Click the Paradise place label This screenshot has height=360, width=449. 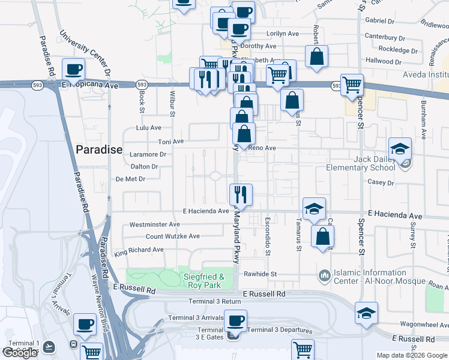tap(99, 149)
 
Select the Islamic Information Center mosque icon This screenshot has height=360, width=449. tap(325, 275)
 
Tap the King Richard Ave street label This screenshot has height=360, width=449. tap(139, 250)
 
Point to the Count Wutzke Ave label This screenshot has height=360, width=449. tap(173, 236)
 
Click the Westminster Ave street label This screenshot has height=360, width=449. tap(155, 225)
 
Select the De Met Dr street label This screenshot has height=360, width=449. tap(130, 179)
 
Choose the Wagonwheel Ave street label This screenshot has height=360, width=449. tap(418, 323)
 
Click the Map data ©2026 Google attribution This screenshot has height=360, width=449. tap(412, 355)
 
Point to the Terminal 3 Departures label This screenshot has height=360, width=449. tap(280, 331)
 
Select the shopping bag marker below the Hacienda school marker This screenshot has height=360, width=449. tap(322, 237)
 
